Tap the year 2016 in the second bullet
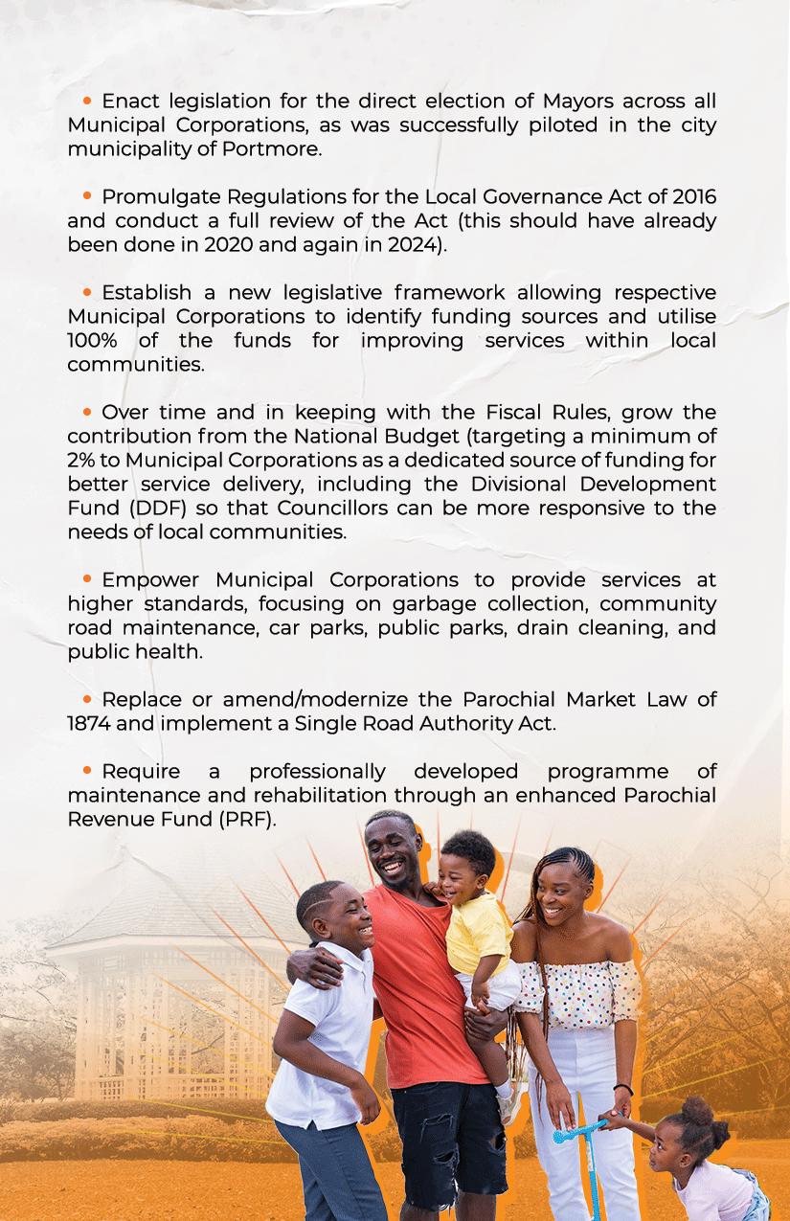click(693, 197)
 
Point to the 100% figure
click(94, 341)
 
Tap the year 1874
click(89, 724)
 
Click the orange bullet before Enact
click(87, 100)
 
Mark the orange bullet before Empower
click(87, 579)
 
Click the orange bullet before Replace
click(87, 699)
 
